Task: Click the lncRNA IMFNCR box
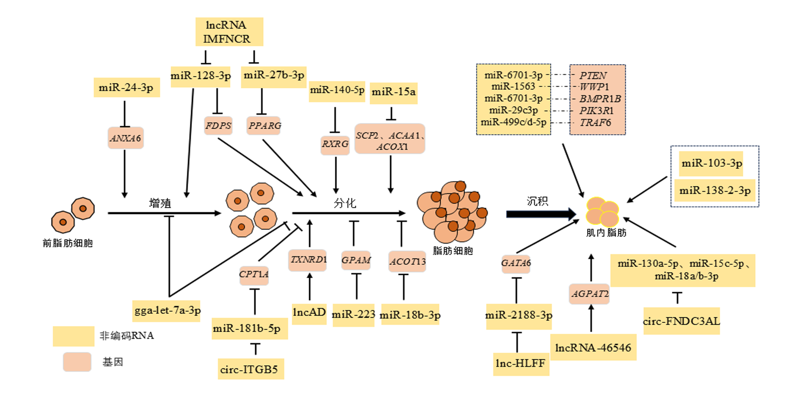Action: [229, 32]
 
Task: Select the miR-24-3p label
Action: [127, 87]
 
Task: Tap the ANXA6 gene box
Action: [126, 138]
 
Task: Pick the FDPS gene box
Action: [218, 126]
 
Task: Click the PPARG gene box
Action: [264, 126]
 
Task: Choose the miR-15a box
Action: [394, 93]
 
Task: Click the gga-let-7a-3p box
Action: [167, 311]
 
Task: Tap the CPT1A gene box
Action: [254, 275]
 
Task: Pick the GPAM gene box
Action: [356, 260]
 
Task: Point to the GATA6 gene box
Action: [516, 264]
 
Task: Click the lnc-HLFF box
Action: [521, 364]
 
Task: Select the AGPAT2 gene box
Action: [589, 294]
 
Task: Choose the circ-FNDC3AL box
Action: [681, 321]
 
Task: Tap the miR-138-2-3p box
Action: [715, 191]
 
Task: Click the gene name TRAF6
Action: [596, 123]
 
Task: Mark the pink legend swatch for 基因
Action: [77, 362]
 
